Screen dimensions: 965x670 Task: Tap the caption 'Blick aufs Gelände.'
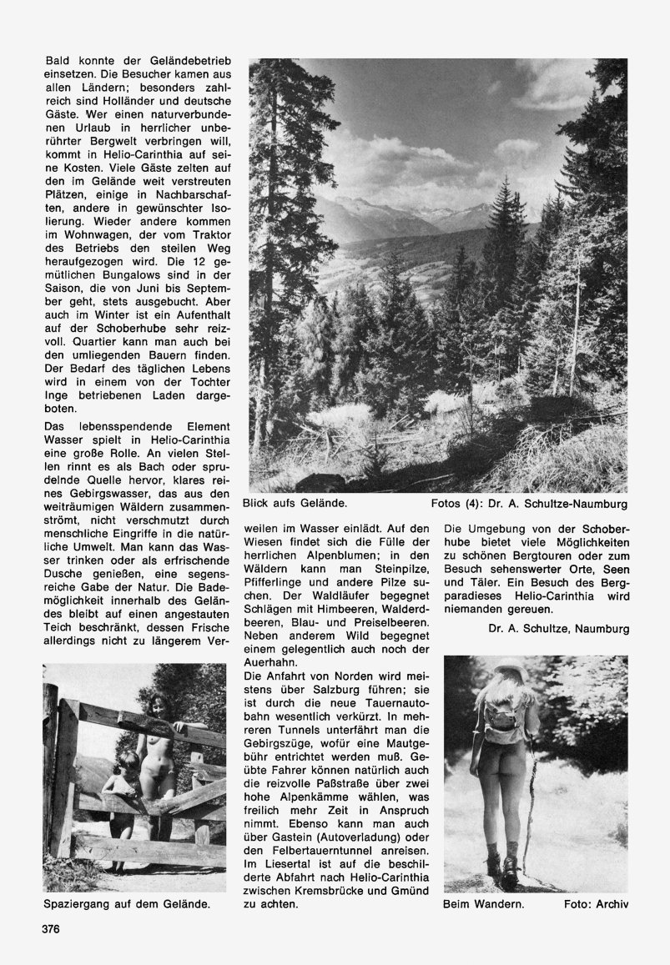tap(295, 504)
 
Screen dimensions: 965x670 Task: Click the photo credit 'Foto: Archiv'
tap(596, 902)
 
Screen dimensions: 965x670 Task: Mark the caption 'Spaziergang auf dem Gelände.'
tap(126, 902)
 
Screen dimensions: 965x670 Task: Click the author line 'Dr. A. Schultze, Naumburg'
tap(557, 628)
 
